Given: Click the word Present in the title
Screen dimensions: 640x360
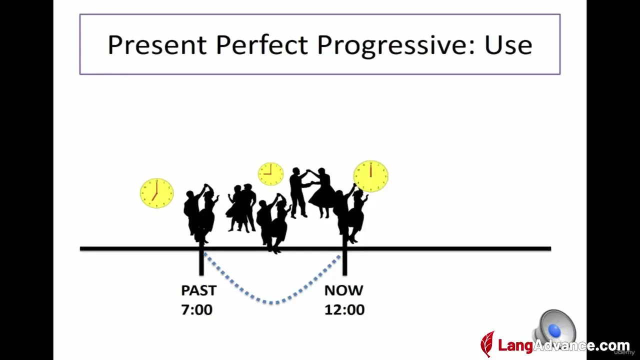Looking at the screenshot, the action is [x=157, y=44].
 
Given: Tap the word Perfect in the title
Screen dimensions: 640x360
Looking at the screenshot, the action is [x=261, y=44].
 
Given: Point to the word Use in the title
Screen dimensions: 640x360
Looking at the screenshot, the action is [x=508, y=45].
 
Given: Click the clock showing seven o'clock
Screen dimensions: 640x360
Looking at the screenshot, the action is [x=157, y=193].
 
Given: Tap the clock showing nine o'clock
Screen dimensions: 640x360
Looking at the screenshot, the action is [x=271, y=174].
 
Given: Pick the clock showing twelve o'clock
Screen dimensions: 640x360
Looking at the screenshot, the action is [x=371, y=176].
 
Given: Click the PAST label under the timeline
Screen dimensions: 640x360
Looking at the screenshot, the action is [x=199, y=290].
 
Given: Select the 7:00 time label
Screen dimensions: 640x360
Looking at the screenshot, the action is [x=197, y=309].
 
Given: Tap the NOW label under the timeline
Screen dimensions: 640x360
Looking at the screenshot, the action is [x=343, y=290].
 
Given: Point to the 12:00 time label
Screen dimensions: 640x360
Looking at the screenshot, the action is [x=344, y=309].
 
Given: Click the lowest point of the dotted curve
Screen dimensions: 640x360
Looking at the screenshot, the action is [x=271, y=303].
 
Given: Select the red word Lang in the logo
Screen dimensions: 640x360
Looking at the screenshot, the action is [x=515, y=345].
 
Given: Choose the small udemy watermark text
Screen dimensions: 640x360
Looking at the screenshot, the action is [x=624, y=352].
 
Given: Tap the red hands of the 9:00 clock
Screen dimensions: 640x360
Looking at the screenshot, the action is [x=268, y=171].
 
